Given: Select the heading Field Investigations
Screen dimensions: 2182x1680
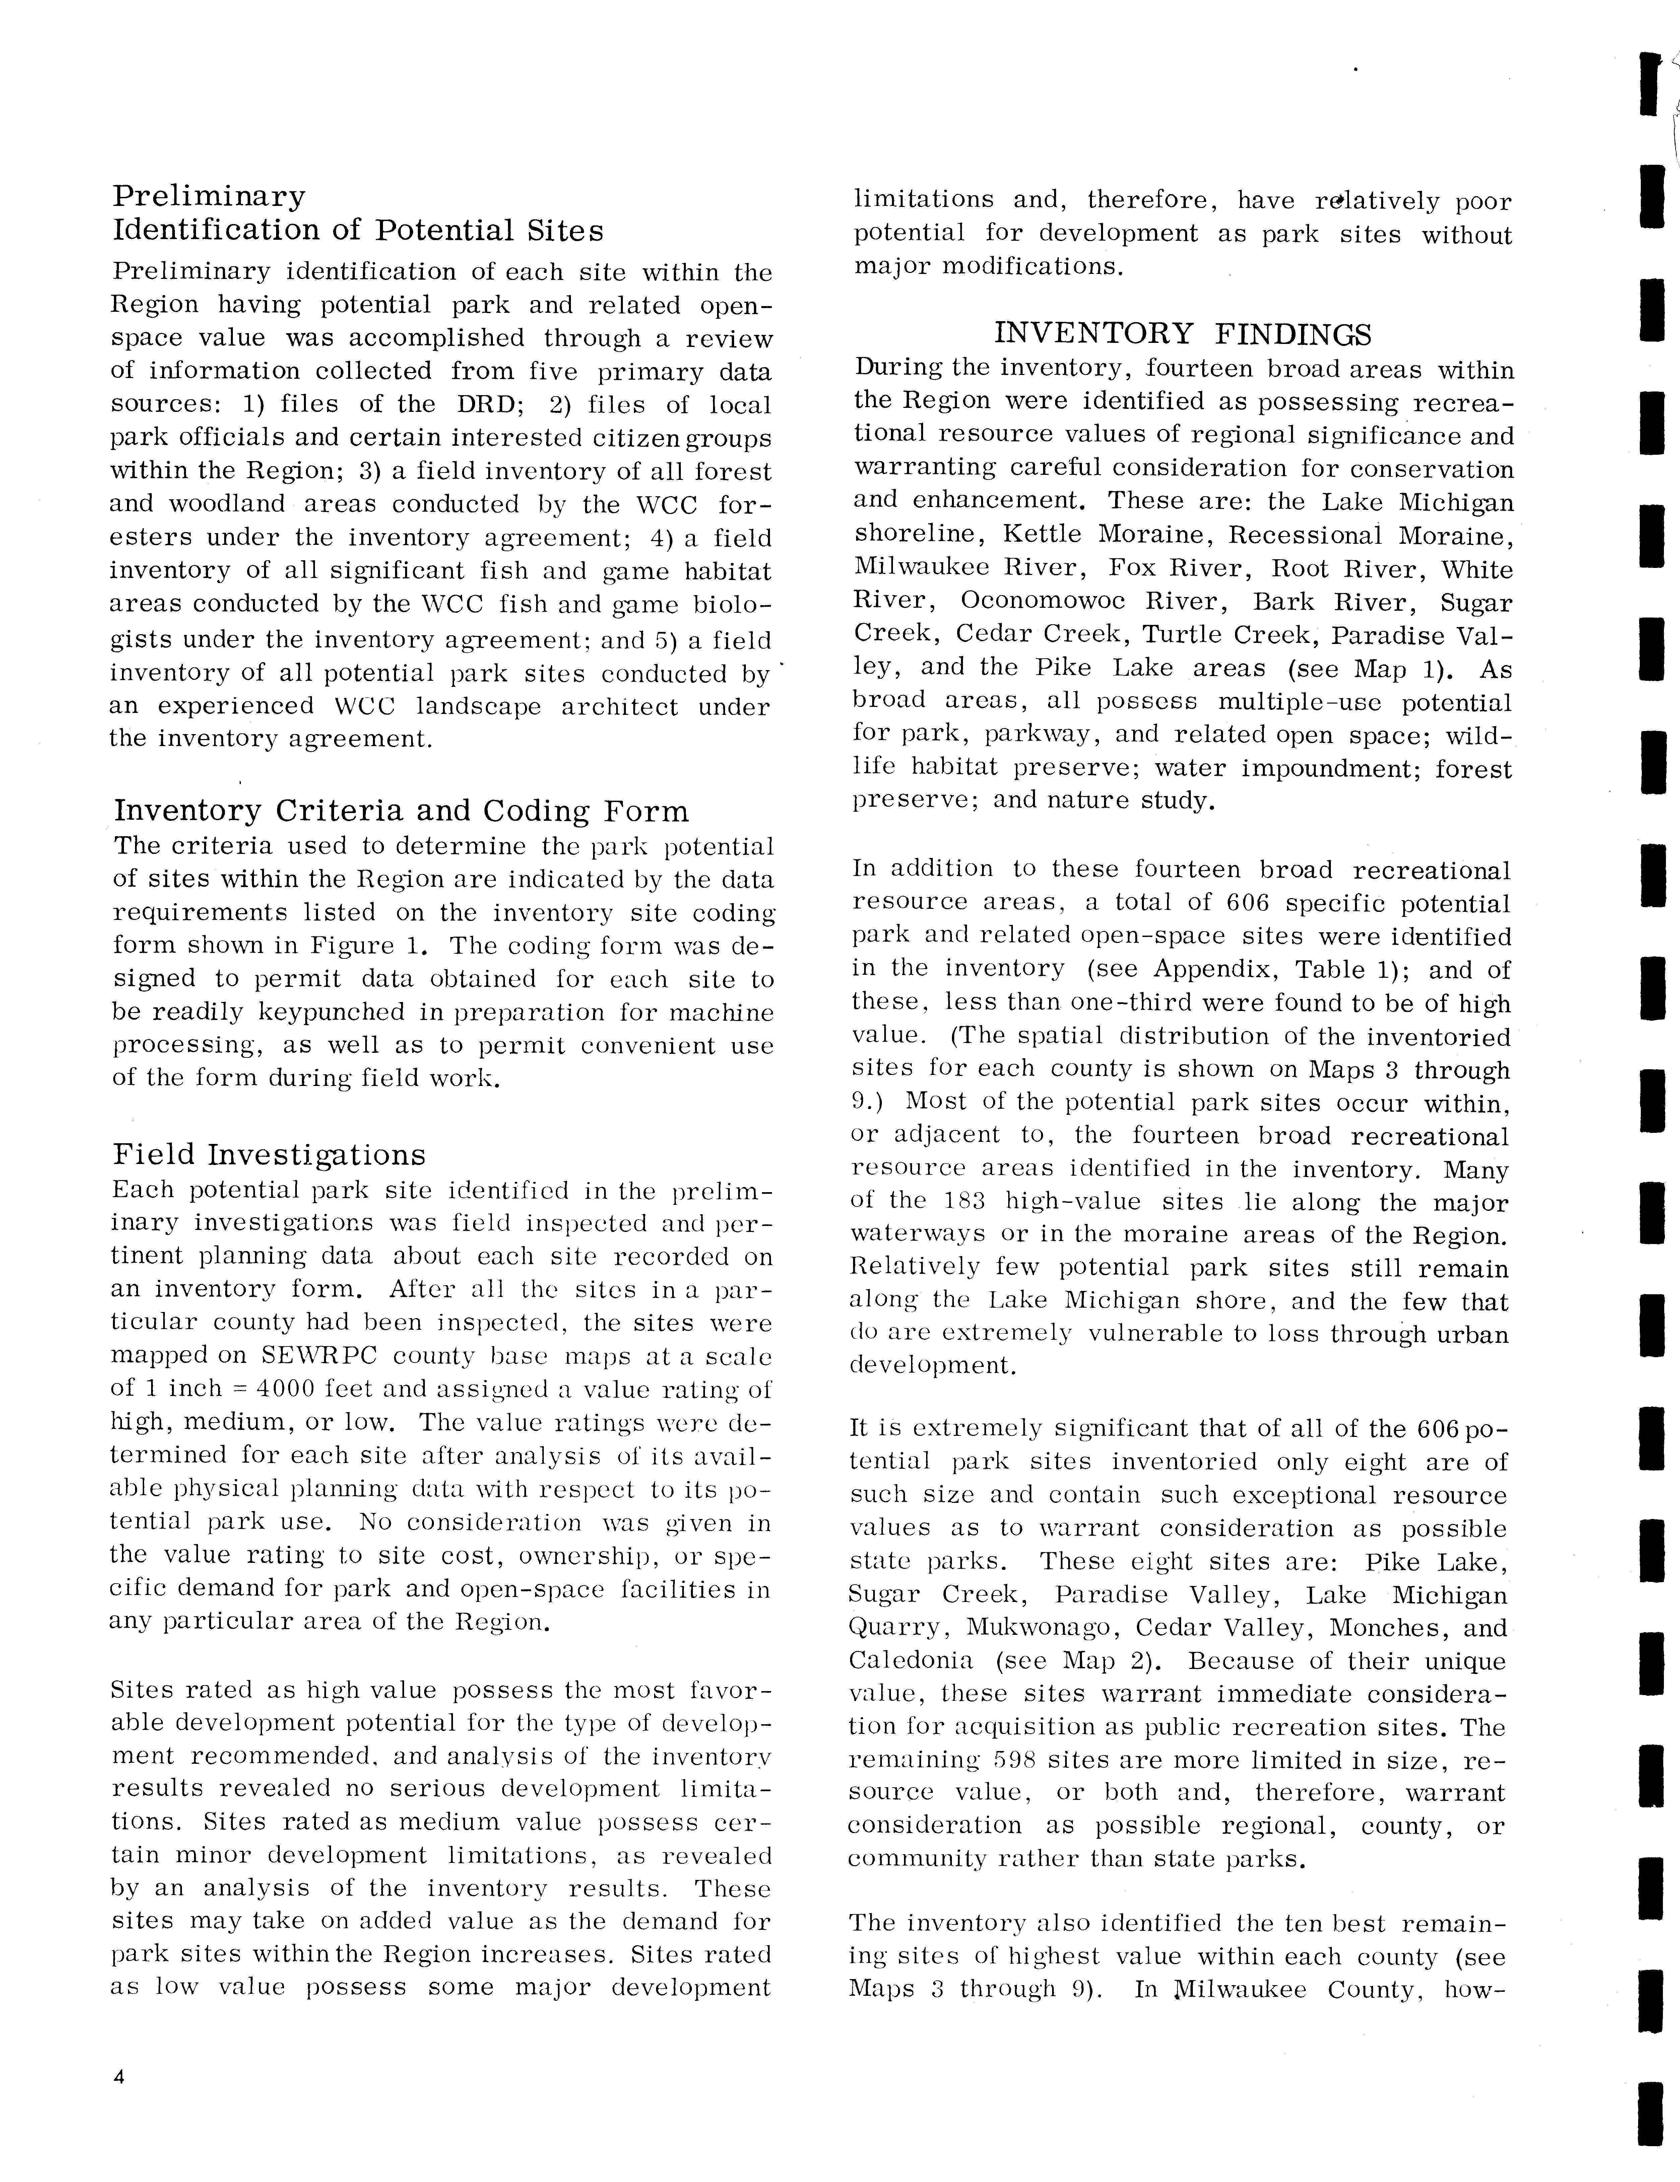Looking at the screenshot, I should click(x=269, y=1155).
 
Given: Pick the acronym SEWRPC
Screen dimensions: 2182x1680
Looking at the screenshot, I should click(x=318, y=1356).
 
